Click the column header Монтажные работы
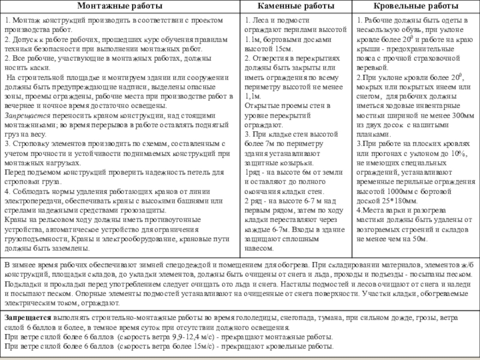pos(121,7)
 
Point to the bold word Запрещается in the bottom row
pos(27,316)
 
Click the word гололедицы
pos(246,316)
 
